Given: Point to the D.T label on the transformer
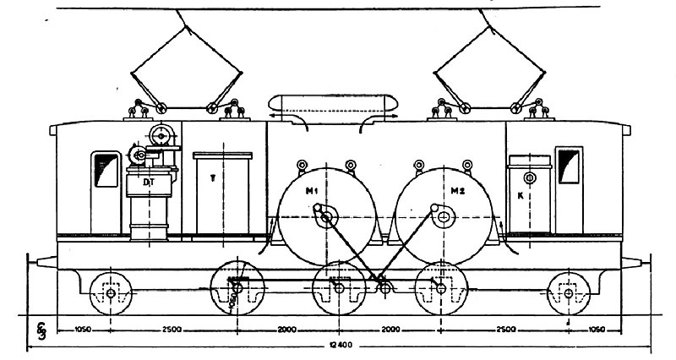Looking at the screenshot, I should click(149, 182).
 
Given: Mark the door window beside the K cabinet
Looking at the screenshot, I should click(569, 165).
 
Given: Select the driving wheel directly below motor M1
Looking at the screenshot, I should click(339, 289).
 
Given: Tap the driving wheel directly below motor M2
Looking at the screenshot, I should click(440, 289).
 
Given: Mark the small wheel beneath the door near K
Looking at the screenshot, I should click(568, 292).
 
